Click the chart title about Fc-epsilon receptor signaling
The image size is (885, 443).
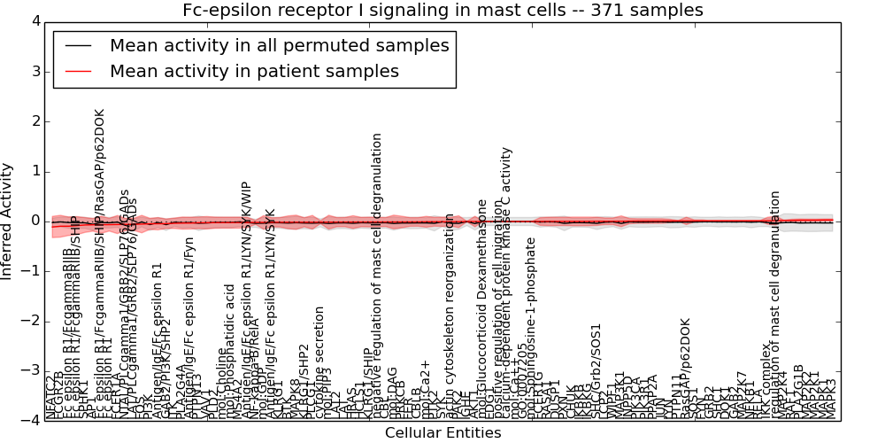pyautogui.click(x=442, y=11)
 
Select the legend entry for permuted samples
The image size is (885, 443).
pyautogui.click(x=279, y=45)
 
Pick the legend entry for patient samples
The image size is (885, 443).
pyautogui.click(x=254, y=71)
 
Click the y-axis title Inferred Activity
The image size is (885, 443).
pyautogui.click(x=8, y=221)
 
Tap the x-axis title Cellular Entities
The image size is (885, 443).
pyautogui.click(x=442, y=433)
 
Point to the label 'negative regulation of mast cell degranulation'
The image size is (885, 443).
pyautogui.click(x=378, y=275)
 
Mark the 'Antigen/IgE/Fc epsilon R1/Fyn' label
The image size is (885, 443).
pyautogui.click(x=189, y=319)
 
